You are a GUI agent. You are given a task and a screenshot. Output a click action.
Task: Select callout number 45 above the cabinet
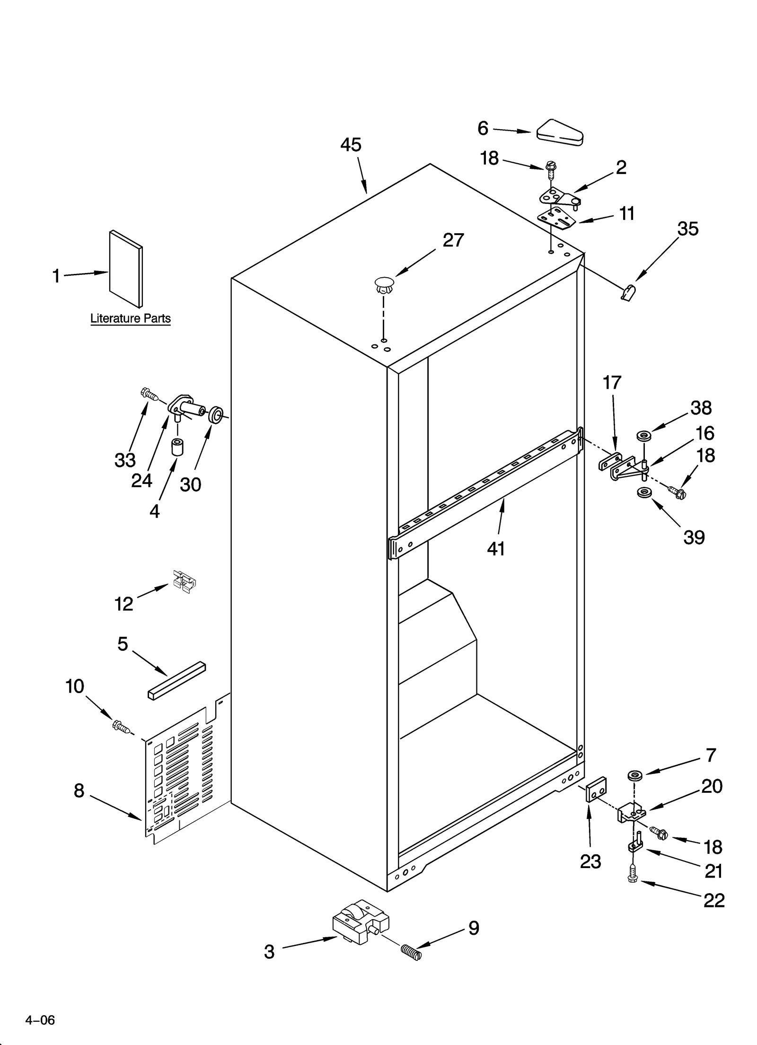pos(351,145)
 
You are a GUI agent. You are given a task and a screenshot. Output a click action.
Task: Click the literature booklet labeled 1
pos(125,268)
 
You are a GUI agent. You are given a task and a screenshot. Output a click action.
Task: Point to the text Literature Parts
pos(131,318)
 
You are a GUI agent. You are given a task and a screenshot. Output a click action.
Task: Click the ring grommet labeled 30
pos(215,414)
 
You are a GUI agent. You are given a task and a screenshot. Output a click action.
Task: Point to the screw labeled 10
pos(121,727)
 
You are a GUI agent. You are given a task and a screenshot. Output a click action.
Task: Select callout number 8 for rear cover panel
pos(79,790)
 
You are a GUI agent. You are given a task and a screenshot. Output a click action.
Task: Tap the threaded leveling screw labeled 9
pos(411,951)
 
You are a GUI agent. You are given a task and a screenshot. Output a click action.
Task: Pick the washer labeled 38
pos(643,434)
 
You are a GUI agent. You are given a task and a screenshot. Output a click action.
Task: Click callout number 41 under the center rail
pos(496,549)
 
